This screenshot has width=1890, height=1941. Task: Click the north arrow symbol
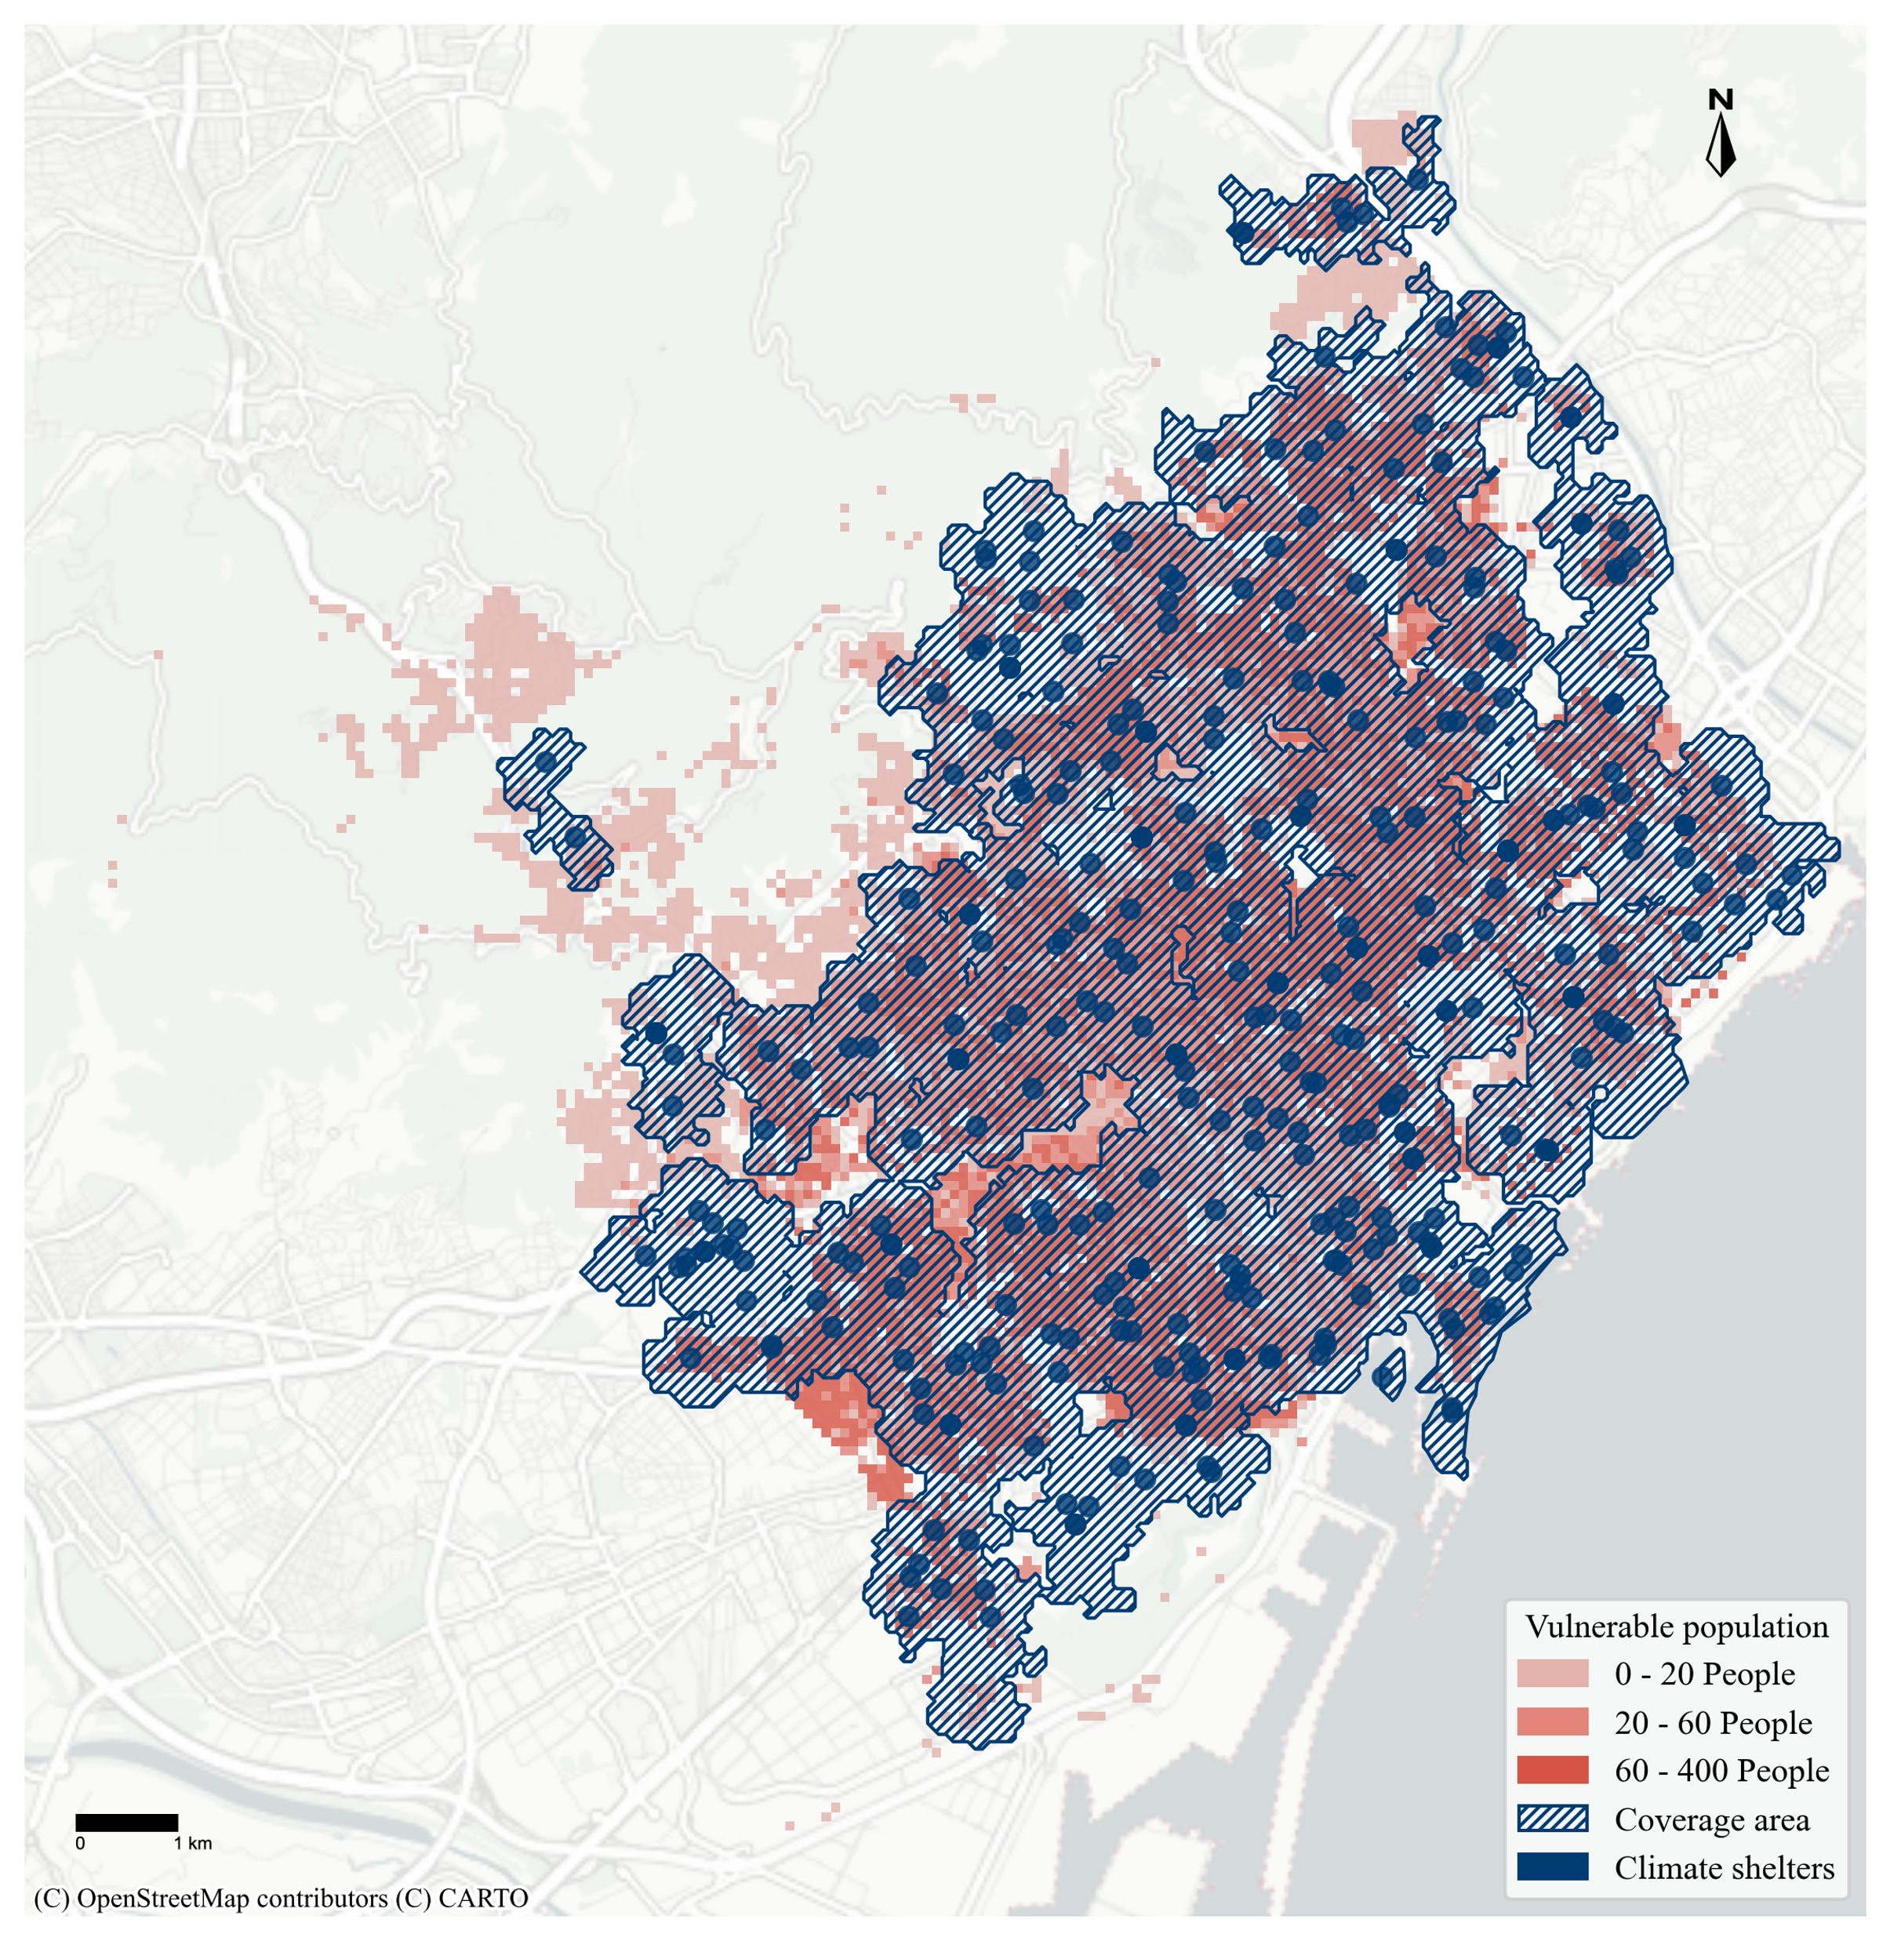tap(1721, 146)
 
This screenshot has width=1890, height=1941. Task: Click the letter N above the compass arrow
tap(1721, 100)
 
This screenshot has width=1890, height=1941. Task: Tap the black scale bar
tap(126, 1822)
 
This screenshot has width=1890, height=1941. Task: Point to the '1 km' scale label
tap(193, 1844)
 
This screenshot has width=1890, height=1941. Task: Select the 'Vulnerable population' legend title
tap(1677, 1627)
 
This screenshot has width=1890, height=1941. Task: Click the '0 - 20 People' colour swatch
tap(1553, 1674)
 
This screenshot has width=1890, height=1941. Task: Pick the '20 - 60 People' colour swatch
tap(1553, 1722)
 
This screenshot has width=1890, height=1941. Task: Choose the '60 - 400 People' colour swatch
tap(1553, 1770)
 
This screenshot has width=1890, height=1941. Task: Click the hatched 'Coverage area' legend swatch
tap(1553, 1819)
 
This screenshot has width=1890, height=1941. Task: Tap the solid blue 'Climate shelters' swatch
tap(1553, 1867)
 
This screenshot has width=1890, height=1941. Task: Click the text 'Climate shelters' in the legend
tap(1725, 1867)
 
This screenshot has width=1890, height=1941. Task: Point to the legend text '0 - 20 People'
tap(1704, 1674)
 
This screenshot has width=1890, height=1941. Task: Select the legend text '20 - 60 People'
tap(1712, 1722)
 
